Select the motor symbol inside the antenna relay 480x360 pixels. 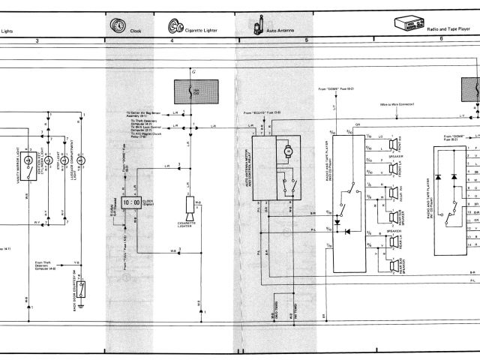click(x=286, y=152)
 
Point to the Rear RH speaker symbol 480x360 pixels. click(x=391, y=193)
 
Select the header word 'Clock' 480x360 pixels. click(x=136, y=30)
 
